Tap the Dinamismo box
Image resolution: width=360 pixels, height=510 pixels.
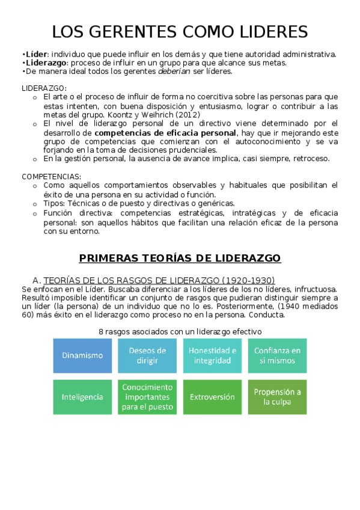click(82, 355)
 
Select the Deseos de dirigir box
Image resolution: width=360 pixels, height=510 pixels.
click(147, 355)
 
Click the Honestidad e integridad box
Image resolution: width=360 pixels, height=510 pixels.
click(212, 355)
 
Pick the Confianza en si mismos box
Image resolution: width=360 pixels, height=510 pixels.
click(277, 355)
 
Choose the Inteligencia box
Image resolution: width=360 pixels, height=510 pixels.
click(82, 397)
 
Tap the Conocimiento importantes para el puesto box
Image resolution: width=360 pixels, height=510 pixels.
click(147, 397)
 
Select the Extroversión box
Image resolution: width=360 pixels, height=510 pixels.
click(212, 397)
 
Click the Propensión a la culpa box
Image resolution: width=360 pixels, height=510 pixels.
click(277, 397)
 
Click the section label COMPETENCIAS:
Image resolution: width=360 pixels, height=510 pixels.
click(52, 176)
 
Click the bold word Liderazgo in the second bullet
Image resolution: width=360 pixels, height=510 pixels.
click(44, 63)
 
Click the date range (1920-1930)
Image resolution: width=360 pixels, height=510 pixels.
click(248, 280)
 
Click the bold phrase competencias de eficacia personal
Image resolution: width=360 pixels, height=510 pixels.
click(165, 132)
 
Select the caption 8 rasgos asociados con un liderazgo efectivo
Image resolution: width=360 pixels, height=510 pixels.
click(180, 331)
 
